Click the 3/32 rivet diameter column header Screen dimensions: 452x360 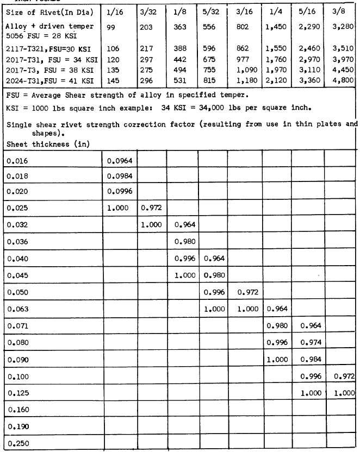click(150, 12)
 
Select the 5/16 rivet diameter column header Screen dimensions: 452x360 click(306, 12)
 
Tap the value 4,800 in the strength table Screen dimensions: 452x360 click(342, 81)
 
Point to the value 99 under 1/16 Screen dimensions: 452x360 click(113, 26)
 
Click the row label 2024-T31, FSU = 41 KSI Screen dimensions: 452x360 click(52, 81)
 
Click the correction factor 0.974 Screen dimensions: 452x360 click(311, 342)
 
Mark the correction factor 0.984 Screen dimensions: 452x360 click(311, 359)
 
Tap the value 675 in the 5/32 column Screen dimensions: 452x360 click(210, 59)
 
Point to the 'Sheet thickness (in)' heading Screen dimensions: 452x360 click(47, 144)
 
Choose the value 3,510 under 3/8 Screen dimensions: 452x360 click(342, 48)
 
